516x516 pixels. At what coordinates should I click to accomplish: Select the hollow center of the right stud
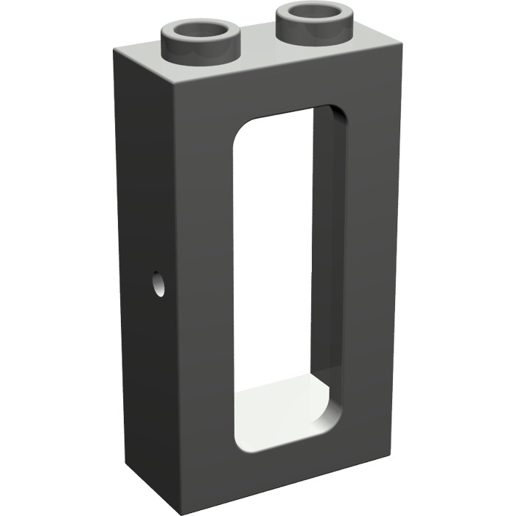(x=313, y=13)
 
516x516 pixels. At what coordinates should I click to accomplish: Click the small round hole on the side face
(x=158, y=285)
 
